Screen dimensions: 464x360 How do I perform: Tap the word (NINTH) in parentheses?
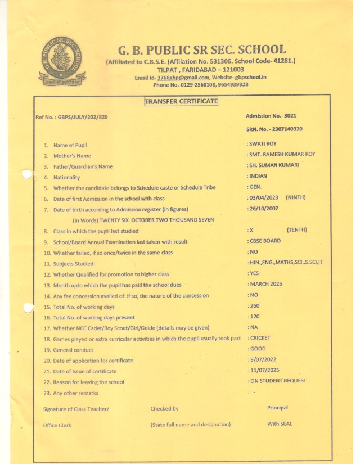coord(296,198)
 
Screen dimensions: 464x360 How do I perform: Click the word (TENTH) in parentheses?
coord(297,230)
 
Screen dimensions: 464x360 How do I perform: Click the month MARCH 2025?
coord(266,284)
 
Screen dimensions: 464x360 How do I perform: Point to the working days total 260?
coord(254,306)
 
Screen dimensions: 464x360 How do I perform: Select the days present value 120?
coord(254,317)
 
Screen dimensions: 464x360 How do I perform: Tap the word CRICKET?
coord(260,338)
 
